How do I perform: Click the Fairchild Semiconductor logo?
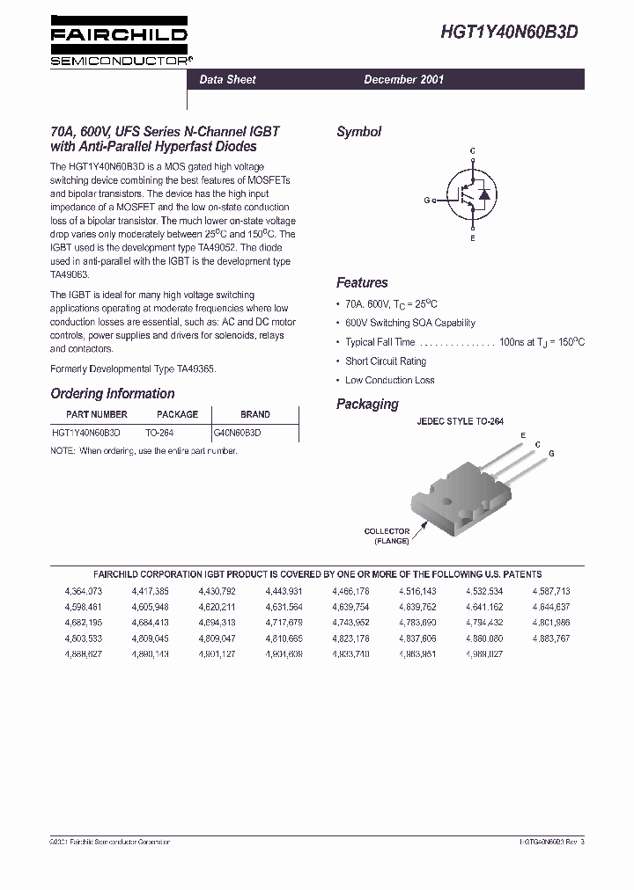point(120,43)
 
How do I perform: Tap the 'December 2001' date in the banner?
point(404,79)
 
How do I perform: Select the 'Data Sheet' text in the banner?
point(227,79)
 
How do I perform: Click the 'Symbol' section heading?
point(358,132)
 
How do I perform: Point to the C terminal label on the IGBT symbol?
point(472,151)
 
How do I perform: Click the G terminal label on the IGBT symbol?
point(426,201)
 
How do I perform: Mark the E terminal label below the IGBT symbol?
point(472,238)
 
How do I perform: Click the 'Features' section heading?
point(362,283)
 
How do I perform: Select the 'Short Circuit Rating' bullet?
point(386,361)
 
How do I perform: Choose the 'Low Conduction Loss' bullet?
point(389,380)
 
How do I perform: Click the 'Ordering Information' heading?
point(112,394)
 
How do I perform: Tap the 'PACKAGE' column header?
point(177,414)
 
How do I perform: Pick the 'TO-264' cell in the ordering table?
point(159,433)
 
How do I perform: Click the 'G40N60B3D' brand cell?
point(238,433)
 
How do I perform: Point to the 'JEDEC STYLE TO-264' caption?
point(460,422)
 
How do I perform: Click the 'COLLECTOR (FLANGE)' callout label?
point(387,536)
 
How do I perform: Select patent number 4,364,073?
point(84,591)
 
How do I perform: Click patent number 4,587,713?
point(551,591)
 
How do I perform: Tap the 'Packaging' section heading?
point(367,405)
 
